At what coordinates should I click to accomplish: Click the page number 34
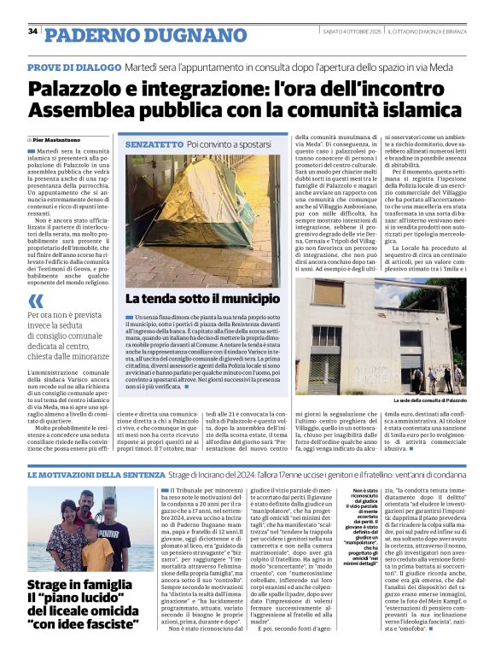pyautogui.click(x=32, y=32)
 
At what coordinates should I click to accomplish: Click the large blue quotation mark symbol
pyautogui.click(x=35, y=301)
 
